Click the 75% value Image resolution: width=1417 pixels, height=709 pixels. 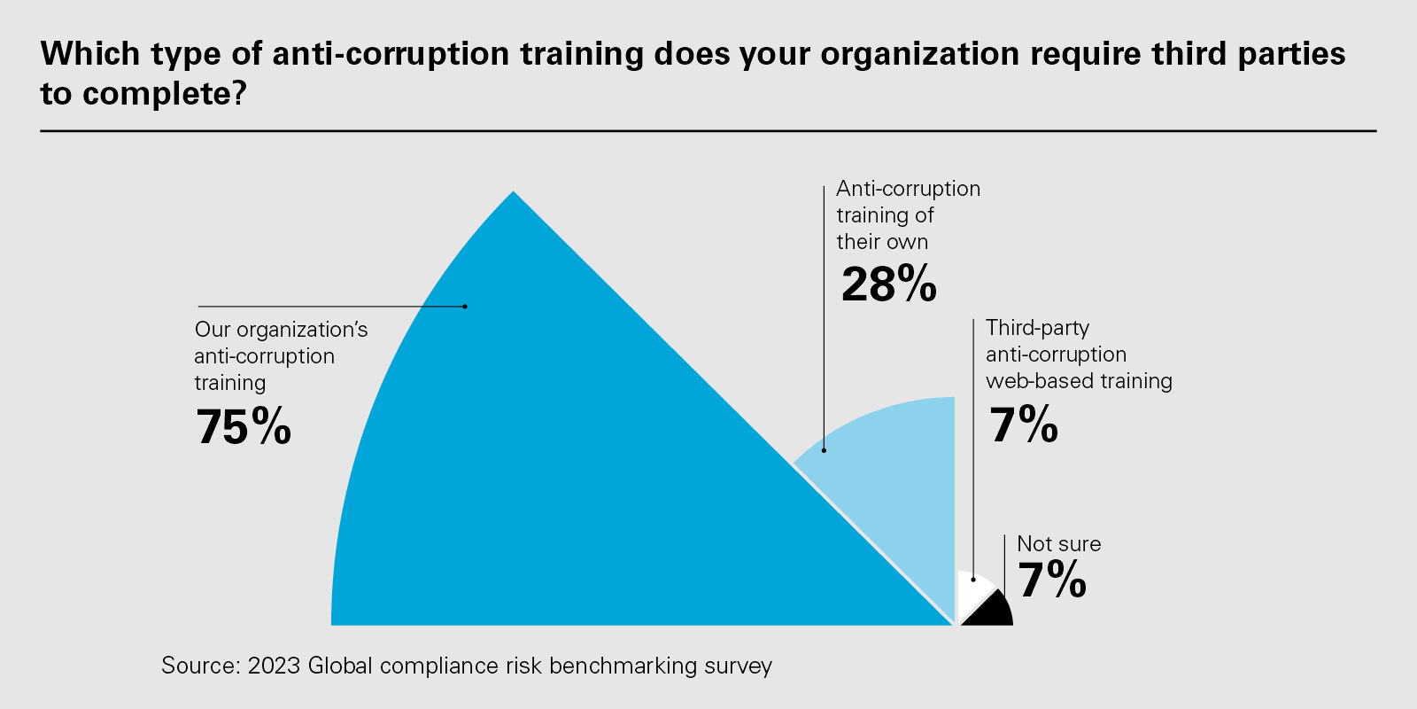point(244,427)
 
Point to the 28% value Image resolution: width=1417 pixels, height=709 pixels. point(888,284)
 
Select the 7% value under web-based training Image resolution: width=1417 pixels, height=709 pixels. point(1024,425)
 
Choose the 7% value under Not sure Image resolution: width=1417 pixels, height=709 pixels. point(1052,580)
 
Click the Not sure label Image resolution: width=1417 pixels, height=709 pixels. point(1058,544)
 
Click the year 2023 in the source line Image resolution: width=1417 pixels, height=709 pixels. point(275,666)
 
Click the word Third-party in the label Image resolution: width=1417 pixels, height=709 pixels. point(1037,328)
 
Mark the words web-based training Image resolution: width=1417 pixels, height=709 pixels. point(1079,381)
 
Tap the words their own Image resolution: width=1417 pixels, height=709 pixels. point(882,242)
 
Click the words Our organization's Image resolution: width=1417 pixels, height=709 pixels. point(281,330)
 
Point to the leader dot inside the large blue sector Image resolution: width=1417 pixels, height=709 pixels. point(465,307)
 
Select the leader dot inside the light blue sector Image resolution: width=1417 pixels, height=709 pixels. point(824,450)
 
